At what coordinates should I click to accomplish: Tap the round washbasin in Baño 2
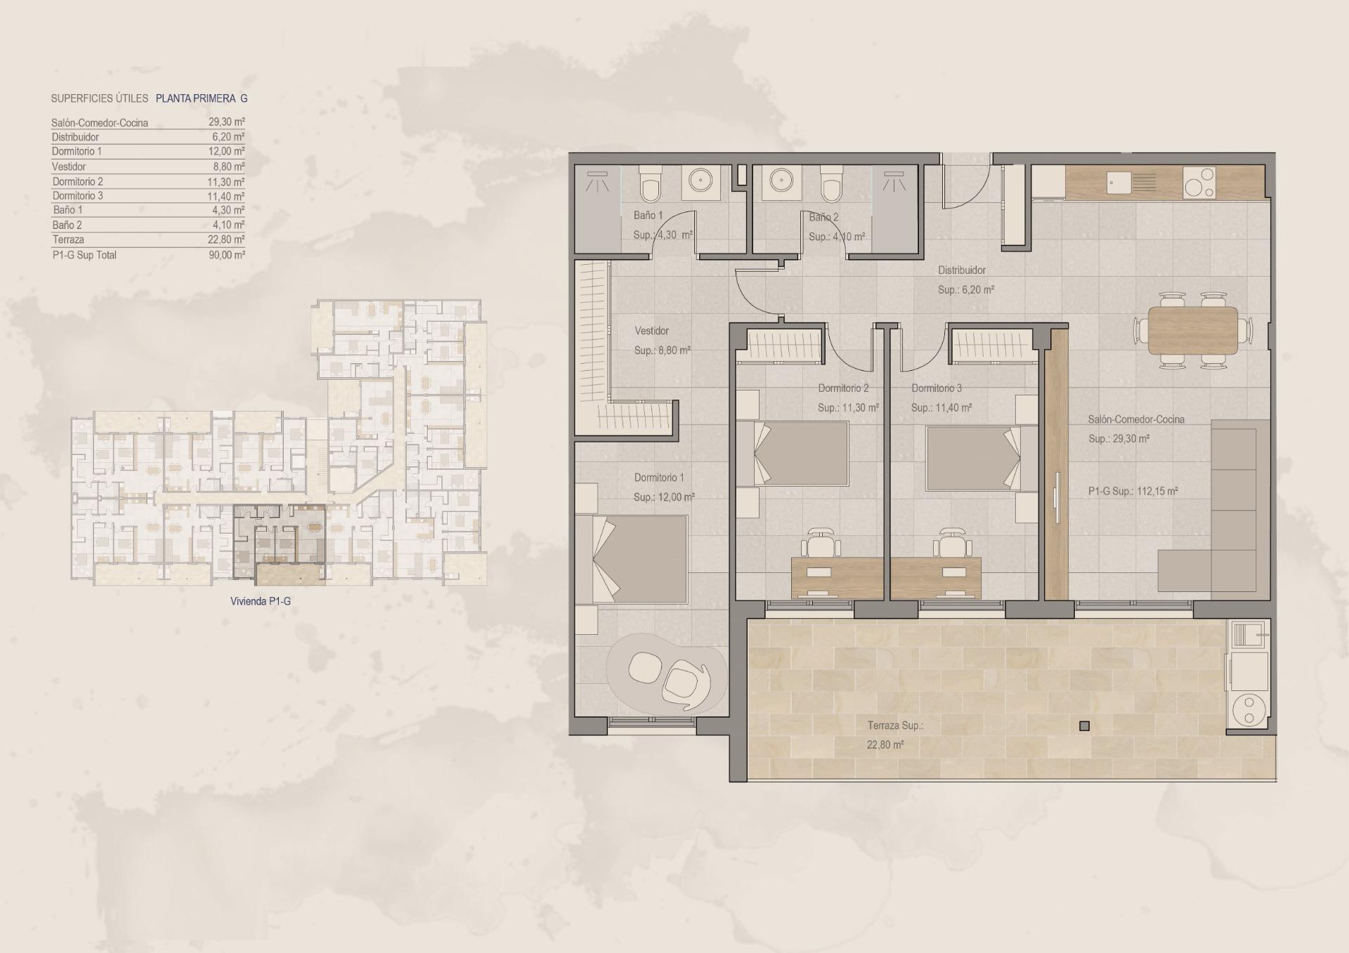(781, 180)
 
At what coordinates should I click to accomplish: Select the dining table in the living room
(1193, 330)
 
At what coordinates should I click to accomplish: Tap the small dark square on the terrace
(1084, 726)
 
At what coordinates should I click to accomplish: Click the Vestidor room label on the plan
(651, 331)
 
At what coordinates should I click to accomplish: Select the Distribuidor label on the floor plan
(962, 270)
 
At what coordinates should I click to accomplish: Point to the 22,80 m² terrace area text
(885, 745)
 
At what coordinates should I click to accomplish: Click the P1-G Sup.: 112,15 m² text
(1133, 492)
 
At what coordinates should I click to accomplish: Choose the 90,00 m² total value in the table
(226, 256)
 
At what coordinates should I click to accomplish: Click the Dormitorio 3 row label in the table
(77, 196)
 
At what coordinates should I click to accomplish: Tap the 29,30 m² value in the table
(226, 122)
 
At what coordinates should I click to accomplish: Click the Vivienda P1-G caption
(260, 602)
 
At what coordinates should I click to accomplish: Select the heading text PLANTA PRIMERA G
(201, 99)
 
